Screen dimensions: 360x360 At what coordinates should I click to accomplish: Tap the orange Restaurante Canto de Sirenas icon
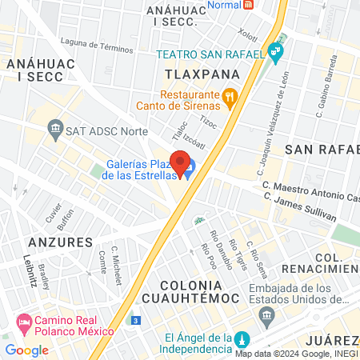point(230,98)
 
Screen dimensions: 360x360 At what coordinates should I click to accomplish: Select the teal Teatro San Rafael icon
point(276,54)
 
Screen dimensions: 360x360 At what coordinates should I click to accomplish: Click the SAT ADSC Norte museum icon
point(55,127)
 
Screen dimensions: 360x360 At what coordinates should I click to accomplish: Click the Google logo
point(26,350)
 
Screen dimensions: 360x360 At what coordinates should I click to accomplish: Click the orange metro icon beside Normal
point(249,3)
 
